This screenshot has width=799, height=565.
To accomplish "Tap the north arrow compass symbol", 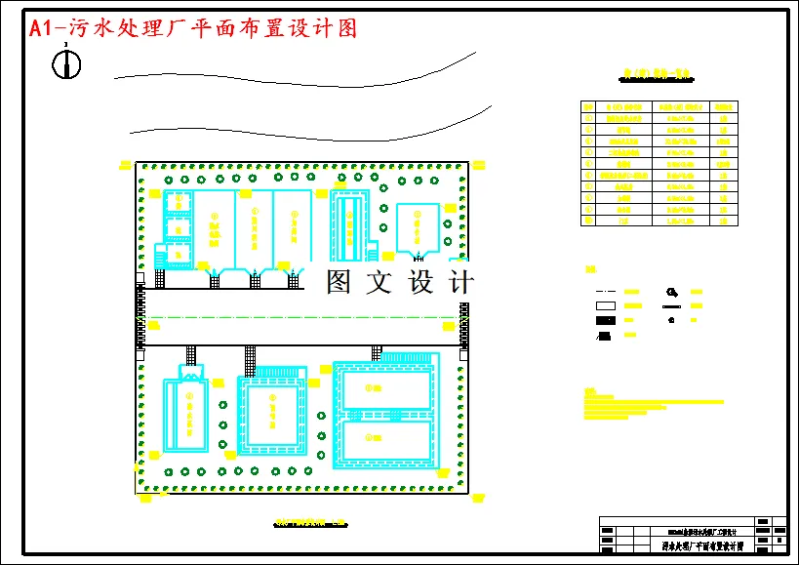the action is point(66,64).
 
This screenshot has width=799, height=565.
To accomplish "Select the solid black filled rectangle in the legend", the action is point(606,320).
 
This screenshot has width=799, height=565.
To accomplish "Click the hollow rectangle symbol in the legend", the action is point(606,305).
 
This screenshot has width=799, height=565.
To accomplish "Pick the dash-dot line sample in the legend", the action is point(606,292).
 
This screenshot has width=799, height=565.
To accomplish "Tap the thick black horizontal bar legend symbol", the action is point(671,305).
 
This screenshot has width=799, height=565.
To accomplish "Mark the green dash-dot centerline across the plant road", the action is point(302,316).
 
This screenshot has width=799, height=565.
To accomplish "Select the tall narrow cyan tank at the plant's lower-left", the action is point(184,415).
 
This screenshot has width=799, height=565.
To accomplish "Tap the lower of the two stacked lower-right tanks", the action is point(385,443).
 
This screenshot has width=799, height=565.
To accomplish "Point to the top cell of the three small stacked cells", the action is point(177,202).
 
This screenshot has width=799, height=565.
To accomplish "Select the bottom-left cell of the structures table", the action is point(588,222).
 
